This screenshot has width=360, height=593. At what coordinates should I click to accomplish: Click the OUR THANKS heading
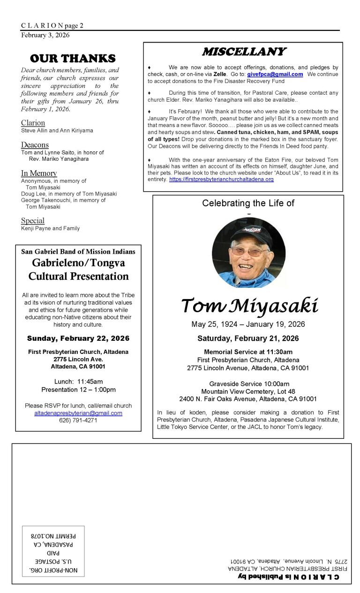[72, 58]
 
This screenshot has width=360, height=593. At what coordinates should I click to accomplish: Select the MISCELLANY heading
[243, 52]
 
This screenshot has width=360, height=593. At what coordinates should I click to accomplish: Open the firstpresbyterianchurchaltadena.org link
[221, 180]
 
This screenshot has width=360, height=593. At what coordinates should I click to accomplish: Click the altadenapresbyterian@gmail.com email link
[78, 413]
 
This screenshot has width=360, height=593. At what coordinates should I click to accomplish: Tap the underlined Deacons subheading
[35, 145]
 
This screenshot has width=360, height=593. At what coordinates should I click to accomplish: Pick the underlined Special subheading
[33, 220]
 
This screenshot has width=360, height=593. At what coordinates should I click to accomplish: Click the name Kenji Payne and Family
[50, 228]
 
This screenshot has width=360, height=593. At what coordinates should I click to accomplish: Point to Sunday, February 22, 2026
[78, 338]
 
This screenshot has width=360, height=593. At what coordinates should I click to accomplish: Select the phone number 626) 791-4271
[78, 420]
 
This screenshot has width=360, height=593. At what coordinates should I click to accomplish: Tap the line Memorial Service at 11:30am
[248, 352]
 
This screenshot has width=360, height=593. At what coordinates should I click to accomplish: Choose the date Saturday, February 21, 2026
[248, 338]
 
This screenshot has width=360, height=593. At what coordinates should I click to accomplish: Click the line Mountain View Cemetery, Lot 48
[248, 391]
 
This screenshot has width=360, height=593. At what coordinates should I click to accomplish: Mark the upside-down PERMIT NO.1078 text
[53, 535]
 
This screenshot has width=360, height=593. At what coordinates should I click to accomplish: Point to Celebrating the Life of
[248, 203]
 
